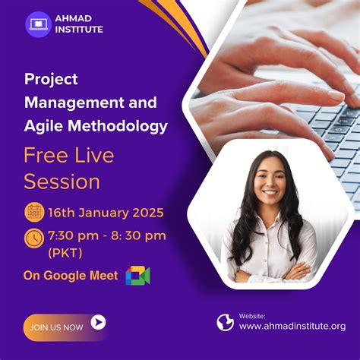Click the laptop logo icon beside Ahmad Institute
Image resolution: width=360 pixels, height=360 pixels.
tap(38, 24)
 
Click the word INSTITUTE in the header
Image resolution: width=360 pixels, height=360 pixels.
tap(80, 30)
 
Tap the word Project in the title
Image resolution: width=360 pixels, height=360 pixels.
tap(51, 79)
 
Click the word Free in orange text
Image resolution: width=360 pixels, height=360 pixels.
tap(44, 156)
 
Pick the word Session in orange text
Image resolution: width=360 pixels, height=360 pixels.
tap(62, 182)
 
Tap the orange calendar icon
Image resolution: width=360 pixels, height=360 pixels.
tap(34, 211)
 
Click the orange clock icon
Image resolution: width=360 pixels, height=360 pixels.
tap(34, 238)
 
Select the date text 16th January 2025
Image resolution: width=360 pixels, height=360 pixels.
tap(106, 212)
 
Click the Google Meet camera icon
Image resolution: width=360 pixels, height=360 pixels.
tap(137, 276)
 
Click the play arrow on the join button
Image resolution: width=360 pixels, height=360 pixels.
tap(98, 323)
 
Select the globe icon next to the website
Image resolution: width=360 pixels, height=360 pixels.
tap(225, 322)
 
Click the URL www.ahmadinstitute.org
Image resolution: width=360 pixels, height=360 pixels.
tap(292, 327)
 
